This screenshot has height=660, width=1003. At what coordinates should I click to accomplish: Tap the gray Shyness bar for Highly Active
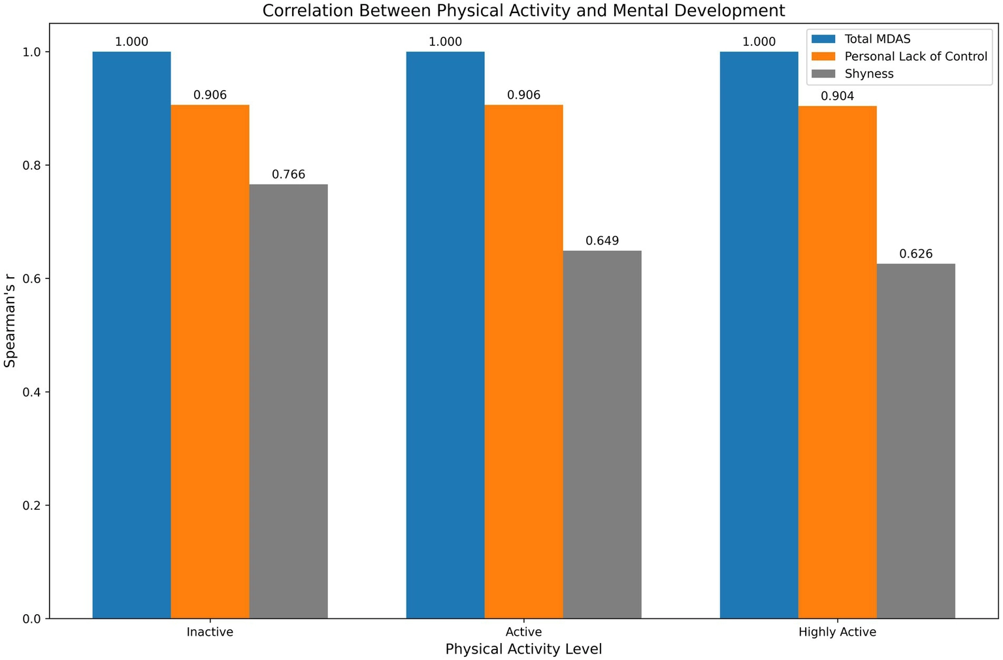pos(915,441)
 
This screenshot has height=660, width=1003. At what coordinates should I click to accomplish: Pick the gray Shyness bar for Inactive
pos(288,401)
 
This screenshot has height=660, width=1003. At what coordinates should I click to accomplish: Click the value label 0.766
pos(288,174)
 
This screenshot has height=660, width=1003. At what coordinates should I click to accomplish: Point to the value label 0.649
pos(602,240)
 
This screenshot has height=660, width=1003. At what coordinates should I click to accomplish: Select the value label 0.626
pos(915,254)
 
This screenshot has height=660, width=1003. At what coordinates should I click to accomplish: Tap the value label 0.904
pos(837,96)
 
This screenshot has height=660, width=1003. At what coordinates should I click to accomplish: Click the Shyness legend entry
pos(868,74)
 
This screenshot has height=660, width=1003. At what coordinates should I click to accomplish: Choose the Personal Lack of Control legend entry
pos(915,57)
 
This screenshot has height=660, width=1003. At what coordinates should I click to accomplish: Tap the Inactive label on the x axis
pos(210,632)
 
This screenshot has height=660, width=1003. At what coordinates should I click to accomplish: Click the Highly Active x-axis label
pos(837,632)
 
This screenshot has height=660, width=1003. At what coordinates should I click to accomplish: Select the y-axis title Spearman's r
pos(10,322)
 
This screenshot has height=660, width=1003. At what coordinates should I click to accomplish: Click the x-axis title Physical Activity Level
pos(523,649)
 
